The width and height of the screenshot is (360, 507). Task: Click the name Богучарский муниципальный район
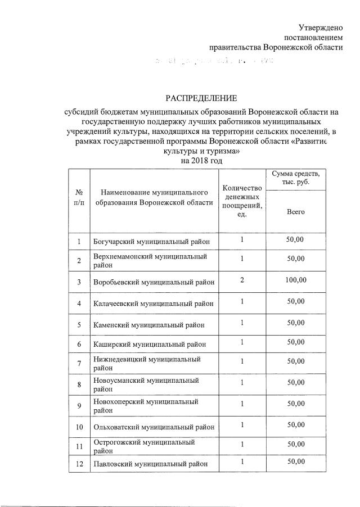pyautogui.click(x=151, y=242)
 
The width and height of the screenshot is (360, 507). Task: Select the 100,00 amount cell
pyautogui.click(x=295, y=280)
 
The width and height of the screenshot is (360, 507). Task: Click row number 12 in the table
pyautogui.click(x=79, y=464)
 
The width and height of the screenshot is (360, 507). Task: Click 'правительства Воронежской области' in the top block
pyautogui.click(x=276, y=47)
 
